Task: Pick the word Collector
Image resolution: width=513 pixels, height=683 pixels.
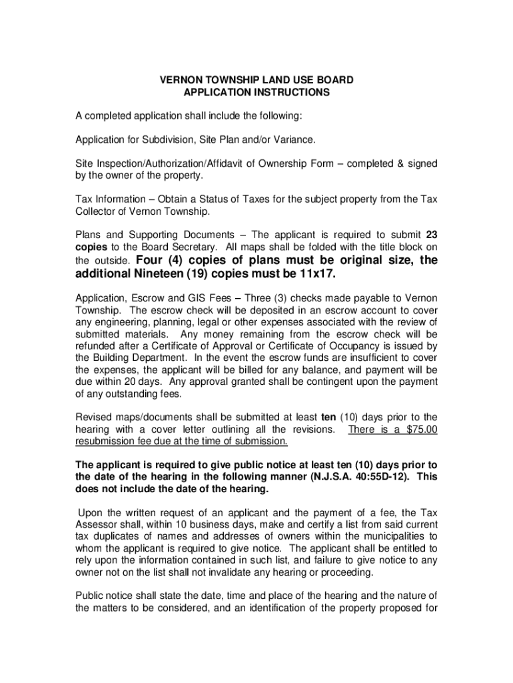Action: point(96,211)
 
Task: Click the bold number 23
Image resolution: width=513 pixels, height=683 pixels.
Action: point(431,235)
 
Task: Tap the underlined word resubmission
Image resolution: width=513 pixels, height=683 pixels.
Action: point(107,442)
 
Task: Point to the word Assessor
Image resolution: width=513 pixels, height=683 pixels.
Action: point(96,524)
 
